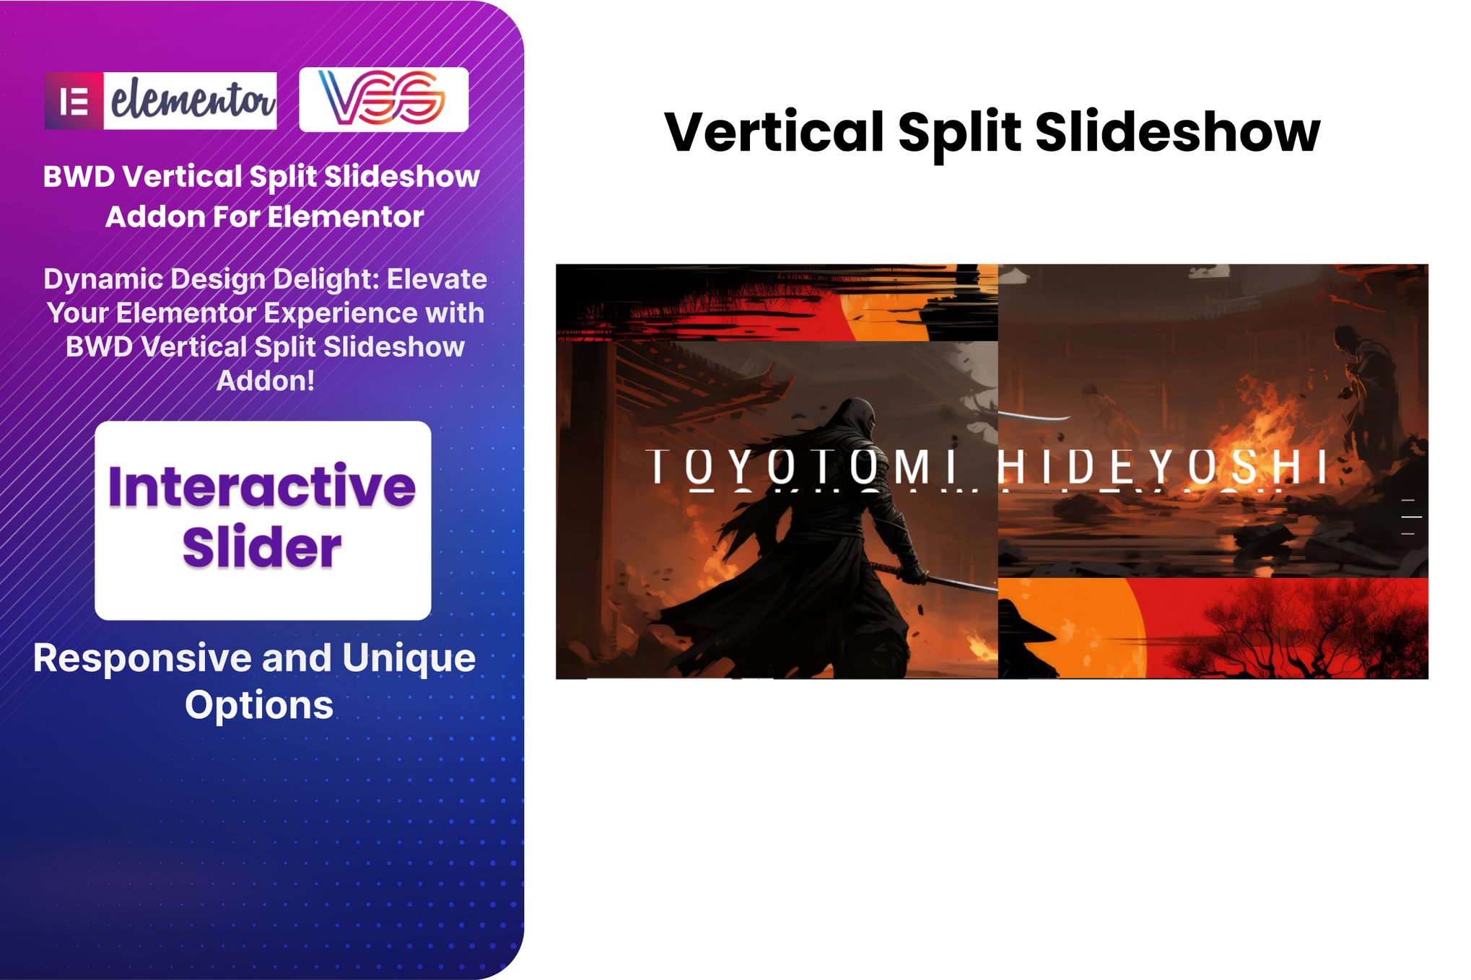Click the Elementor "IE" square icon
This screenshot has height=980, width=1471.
(x=74, y=101)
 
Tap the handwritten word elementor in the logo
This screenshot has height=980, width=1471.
(x=192, y=100)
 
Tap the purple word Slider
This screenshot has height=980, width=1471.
(x=261, y=547)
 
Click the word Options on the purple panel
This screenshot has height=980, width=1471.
(x=259, y=706)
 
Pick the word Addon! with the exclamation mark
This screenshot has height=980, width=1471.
(x=266, y=380)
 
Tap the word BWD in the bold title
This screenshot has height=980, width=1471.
(x=79, y=177)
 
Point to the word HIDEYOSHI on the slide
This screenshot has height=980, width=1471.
(x=1163, y=466)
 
